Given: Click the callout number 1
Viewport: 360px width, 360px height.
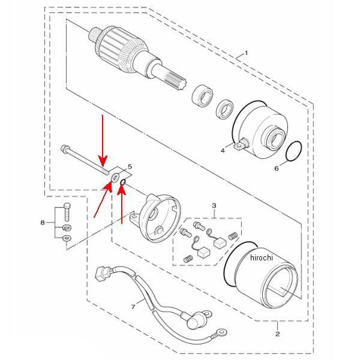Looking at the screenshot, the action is click(x=246, y=53).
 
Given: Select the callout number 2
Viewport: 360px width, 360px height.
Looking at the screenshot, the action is click(x=277, y=334).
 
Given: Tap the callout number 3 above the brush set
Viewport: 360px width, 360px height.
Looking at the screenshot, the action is click(x=214, y=205).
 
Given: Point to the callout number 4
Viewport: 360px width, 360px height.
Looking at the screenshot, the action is click(x=223, y=151).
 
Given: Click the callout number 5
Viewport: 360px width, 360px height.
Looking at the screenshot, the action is click(x=130, y=166).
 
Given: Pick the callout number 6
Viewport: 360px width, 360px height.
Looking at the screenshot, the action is click(x=277, y=168).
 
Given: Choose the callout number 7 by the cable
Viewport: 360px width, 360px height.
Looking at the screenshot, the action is click(x=133, y=307).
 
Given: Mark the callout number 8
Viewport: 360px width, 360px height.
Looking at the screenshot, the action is click(x=43, y=223).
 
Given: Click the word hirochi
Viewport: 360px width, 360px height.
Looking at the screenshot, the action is click(x=262, y=257).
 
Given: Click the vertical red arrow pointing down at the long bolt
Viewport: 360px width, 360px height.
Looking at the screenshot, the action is click(x=103, y=140).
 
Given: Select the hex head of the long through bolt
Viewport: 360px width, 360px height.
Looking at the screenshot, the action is click(x=64, y=148).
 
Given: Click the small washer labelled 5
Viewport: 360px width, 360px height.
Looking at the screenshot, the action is click(x=115, y=177).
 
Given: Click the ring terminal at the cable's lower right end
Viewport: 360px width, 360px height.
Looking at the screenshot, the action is click(x=222, y=332).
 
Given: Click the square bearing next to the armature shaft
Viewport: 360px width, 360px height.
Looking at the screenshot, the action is click(x=202, y=96).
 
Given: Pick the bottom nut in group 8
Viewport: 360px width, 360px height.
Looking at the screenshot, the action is click(x=67, y=239).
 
